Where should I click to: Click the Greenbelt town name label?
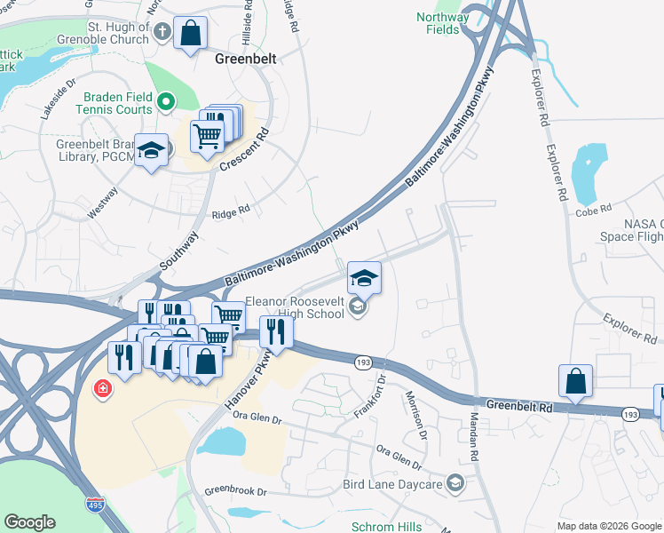coord(246,60)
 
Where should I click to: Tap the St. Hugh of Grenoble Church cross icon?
coord(162,32)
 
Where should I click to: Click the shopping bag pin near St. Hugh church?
coord(190,34)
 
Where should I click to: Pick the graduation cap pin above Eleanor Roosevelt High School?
coord(364,278)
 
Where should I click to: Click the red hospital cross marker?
coord(104,389)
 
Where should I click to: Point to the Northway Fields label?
coord(442,23)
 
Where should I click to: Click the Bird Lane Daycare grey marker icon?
coord(455,484)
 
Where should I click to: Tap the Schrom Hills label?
coord(386,527)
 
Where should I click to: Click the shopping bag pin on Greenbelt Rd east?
coord(575,380)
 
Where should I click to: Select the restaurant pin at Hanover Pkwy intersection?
coord(276,332)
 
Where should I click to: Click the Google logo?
coord(29,522)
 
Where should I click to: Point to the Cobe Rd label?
coord(594,211)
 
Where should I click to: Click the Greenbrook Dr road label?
coord(235,490)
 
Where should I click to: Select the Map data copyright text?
coord(608,526)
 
